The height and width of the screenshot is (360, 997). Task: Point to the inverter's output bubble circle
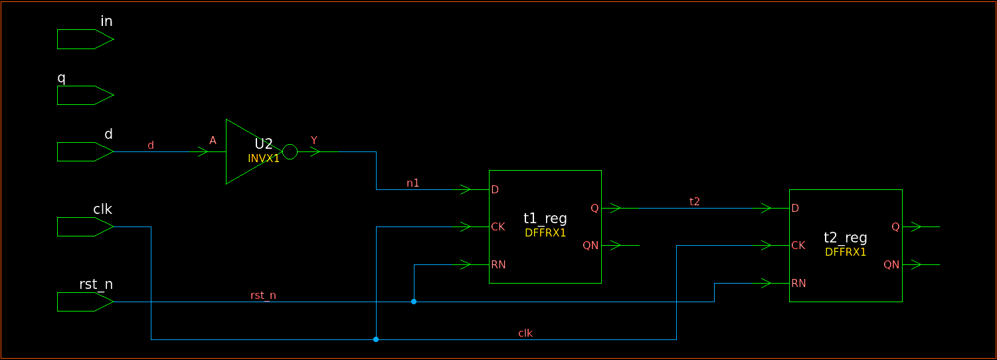pyautogui.click(x=290, y=152)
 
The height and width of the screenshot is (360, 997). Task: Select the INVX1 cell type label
pyautogui.click(x=264, y=159)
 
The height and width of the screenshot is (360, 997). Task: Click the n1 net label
pyautogui.click(x=413, y=183)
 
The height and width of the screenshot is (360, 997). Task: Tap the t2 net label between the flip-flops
pyautogui.click(x=695, y=201)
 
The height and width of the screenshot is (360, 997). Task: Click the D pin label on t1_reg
pyautogui.click(x=495, y=190)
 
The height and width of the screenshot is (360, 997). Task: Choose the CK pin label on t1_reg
pyautogui.click(x=498, y=227)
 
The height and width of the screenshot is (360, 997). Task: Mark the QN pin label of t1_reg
pyautogui.click(x=590, y=246)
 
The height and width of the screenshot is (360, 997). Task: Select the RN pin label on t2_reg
pyautogui.click(x=798, y=284)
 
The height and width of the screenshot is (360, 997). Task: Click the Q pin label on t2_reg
pyautogui.click(x=895, y=227)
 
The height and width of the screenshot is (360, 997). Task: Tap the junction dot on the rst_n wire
pyautogui.click(x=414, y=302)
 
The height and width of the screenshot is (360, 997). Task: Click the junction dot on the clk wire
pyautogui.click(x=376, y=339)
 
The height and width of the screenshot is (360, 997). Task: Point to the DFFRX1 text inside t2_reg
pyautogui.click(x=846, y=252)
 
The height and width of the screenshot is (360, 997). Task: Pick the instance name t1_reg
pyautogui.click(x=545, y=219)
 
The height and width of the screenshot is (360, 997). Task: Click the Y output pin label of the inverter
pyautogui.click(x=314, y=140)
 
